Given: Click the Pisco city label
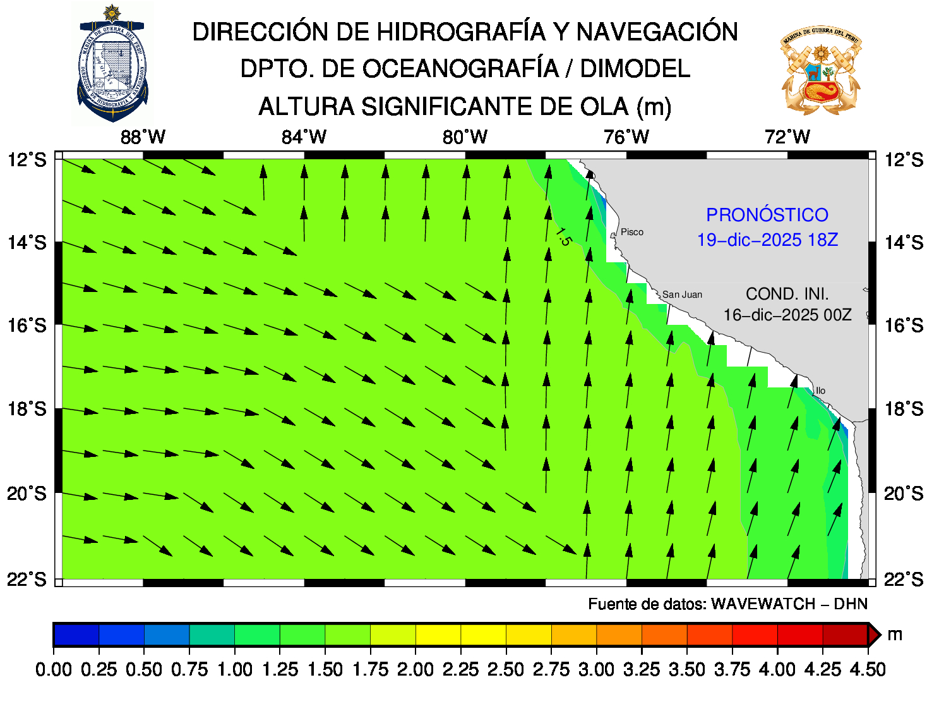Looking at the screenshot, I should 631,232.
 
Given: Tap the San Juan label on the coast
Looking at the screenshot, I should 682,295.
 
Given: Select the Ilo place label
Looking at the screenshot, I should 820,391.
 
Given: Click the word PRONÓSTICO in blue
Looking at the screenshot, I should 767,215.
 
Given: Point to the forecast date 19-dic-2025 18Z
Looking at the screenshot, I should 767,240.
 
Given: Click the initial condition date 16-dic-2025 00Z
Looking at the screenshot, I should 787,315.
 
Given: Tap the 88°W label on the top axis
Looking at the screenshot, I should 143,137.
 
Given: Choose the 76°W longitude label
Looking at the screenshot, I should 626,137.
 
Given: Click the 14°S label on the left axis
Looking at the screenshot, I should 27,243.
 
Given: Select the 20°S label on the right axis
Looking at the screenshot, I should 904,494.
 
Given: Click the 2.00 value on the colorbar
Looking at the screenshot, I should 416,669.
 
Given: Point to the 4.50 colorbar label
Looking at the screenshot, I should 868,669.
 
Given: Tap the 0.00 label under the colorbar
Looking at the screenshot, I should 54,669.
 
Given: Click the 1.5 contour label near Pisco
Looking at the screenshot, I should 563,236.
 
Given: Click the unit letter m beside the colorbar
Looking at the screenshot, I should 894,635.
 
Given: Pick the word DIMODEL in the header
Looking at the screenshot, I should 635,69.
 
